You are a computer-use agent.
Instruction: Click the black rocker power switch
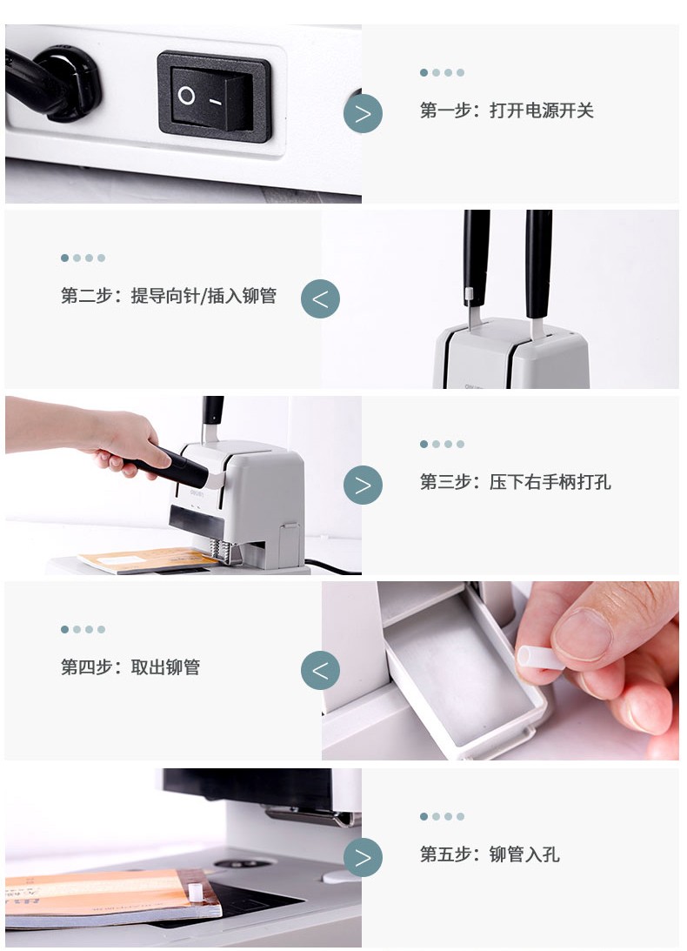[x=214, y=97]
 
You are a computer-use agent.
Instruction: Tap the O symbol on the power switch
[x=186, y=96]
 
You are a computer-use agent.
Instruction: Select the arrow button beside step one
[x=363, y=113]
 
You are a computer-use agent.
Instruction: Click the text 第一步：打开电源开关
[x=507, y=111]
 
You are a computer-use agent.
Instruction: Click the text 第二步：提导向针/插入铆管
[x=169, y=296]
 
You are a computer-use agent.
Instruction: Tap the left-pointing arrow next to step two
[x=320, y=298]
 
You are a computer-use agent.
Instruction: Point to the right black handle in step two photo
[x=537, y=265]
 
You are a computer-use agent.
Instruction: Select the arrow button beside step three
[x=363, y=485]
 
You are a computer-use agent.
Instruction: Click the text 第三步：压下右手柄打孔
[x=516, y=482]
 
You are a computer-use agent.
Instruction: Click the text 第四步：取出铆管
[x=130, y=667]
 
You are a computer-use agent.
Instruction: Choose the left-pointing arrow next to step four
[x=320, y=670]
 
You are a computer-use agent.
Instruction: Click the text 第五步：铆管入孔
[x=490, y=854]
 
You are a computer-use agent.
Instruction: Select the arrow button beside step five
[x=363, y=857]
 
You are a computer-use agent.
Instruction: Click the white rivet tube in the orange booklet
[x=195, y=892]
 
